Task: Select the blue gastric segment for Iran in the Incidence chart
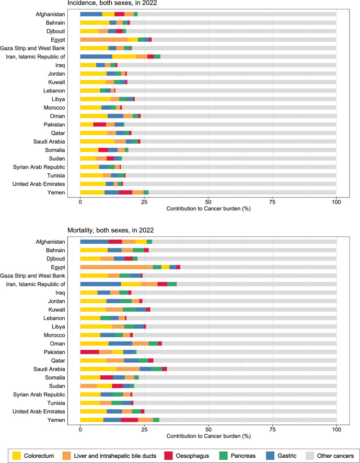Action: [96, 56]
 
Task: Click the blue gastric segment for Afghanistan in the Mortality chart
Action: [94, 242]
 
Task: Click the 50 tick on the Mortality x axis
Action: [208, 428]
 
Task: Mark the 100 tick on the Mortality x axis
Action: [336, 428]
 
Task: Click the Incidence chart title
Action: [112, 3]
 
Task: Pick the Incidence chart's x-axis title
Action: [208, 209]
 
